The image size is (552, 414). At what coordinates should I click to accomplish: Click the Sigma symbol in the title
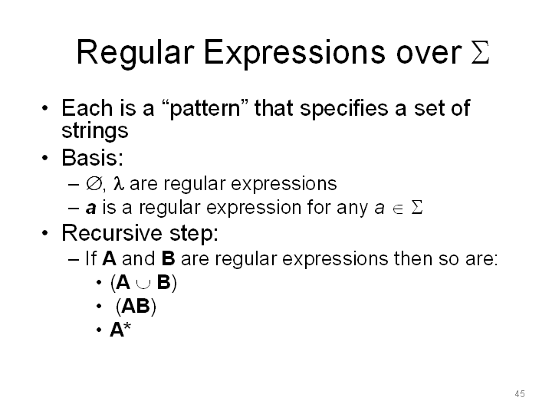coord(480,52)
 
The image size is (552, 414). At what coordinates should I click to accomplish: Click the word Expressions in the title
coord(294,53)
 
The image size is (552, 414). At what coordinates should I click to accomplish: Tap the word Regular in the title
coord(135,54)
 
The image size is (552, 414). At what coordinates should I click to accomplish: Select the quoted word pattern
coord(205,108)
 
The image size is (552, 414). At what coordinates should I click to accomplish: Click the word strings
coord(95,131)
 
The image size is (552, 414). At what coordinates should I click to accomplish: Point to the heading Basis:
coord(92,157)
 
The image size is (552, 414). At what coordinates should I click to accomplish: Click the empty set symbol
coord(94,183)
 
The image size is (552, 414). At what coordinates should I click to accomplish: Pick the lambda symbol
coord(118,183)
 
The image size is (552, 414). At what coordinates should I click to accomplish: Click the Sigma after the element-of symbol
coord(417,207)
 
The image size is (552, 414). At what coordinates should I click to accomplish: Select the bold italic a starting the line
coord(90,208)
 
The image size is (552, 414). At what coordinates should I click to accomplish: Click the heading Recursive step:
coord(140,233)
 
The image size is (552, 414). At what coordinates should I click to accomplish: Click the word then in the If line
coord(413,258)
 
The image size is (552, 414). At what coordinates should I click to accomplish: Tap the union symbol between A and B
coord(143,284)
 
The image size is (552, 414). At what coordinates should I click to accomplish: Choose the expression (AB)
coord(136,306)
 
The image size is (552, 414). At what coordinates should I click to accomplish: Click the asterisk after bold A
coord(127,326)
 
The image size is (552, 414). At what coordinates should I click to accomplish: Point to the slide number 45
coord(520,394)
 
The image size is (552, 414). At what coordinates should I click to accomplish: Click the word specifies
coord(343,108)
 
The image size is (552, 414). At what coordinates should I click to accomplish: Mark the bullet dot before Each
coord(44,108)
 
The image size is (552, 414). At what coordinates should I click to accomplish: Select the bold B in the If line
coord(168,258)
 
